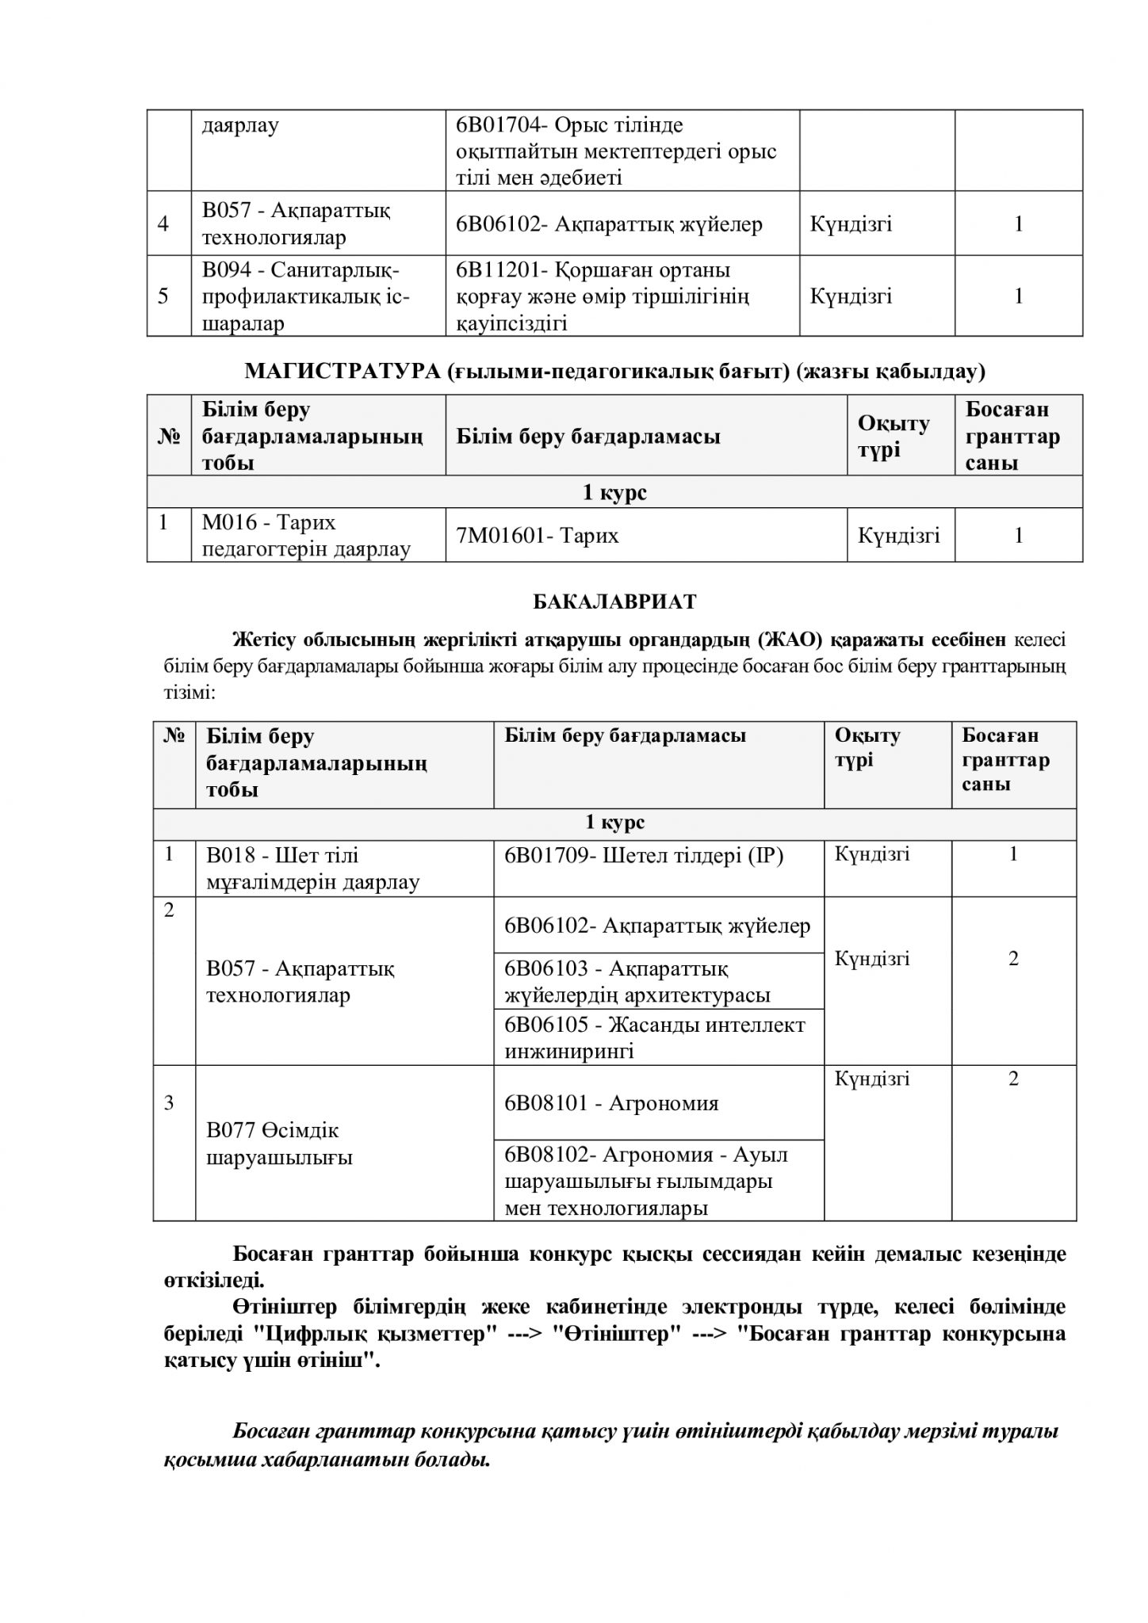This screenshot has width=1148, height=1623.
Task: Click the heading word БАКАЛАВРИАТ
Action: coord(614,601)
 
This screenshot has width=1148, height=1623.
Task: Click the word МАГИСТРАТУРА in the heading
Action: coord(342,371)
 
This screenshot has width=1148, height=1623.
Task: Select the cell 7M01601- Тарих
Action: coord(538,536)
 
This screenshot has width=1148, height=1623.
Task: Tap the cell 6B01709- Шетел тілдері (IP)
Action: coord(644,856)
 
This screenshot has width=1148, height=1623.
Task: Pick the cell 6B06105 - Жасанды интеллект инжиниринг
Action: coord(655,1037)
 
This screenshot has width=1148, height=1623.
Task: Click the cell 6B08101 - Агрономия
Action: coord(611,1103)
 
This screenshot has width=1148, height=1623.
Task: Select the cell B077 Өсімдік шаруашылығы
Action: coord(280,1144)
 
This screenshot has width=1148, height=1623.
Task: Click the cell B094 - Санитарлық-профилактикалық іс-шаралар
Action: coord(306,296)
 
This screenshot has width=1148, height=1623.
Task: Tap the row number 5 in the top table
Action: coord(163,296)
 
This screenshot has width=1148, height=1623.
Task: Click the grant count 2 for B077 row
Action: coord(1013,1079)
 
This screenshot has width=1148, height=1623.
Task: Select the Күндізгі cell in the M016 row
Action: coord(899,536)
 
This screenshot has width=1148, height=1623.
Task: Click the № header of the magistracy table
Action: coord(168,436)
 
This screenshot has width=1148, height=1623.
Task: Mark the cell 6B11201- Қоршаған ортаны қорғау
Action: coord(603,296)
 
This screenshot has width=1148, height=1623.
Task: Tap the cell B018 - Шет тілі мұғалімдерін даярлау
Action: coord(313,869)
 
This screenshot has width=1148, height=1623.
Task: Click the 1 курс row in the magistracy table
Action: coord(614,492)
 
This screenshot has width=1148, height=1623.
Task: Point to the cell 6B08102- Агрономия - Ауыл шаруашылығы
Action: coord(646,1181)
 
